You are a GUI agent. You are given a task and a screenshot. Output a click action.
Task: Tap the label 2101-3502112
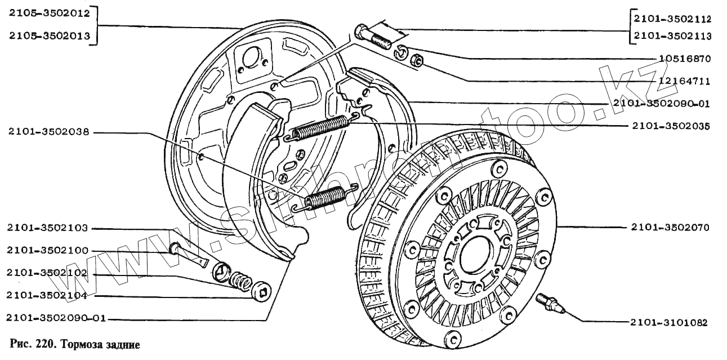point(672,19)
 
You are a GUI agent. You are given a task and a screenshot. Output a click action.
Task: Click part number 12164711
point(684,81)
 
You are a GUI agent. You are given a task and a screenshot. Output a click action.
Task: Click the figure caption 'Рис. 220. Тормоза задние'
point(74,344)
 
